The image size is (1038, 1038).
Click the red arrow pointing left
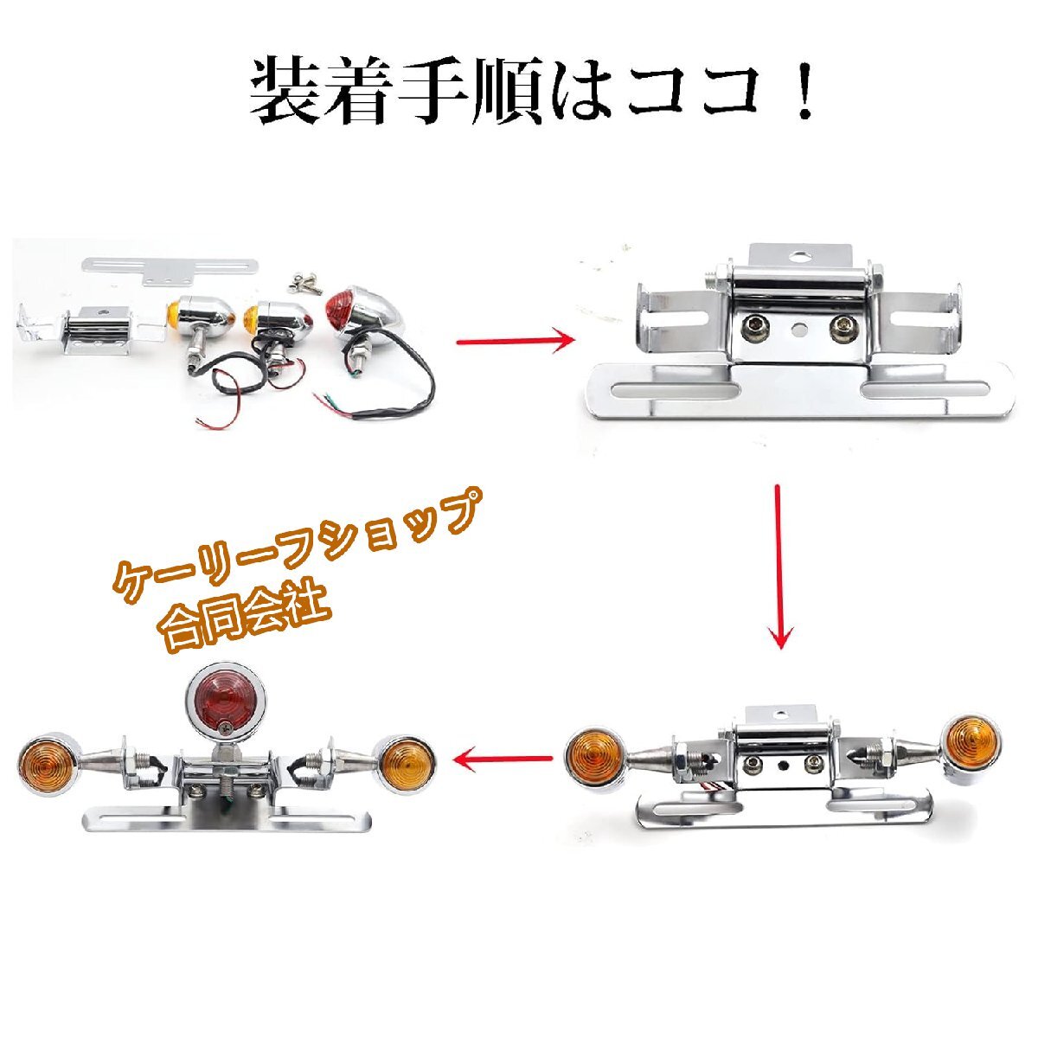[x=503, y=760]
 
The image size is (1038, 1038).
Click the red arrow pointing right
[x=516, y=341]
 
